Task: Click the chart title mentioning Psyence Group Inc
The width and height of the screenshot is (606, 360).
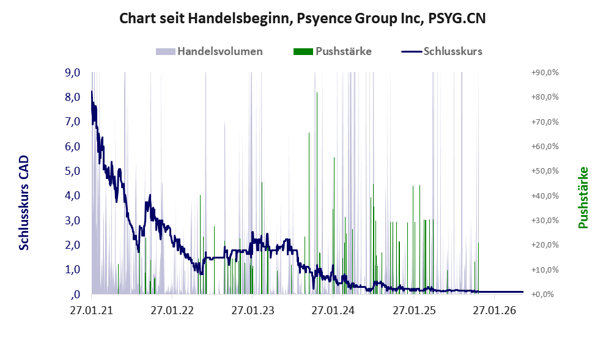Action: [302, 18]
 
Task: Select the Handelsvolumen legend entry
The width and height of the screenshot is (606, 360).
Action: [209, 51]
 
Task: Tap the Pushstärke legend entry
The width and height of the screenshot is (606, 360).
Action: [333, 51]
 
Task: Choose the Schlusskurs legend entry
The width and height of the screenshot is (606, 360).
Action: [442, 51]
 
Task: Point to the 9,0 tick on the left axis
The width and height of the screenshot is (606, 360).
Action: [72, 72]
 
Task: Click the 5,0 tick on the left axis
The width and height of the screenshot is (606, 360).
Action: [72, 171]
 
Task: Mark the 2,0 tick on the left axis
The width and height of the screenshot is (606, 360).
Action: [72, 245]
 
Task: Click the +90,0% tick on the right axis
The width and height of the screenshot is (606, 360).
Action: [545, 73]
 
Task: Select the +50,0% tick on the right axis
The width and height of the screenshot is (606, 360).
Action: [545, 171]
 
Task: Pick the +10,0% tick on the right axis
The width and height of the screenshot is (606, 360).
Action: [545, 270]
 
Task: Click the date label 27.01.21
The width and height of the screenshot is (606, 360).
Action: [92, 310]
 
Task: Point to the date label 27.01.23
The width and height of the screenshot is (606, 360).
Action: [253, 310]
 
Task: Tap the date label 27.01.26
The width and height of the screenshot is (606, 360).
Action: [494, 310]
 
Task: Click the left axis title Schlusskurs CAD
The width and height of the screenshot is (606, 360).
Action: [24, 203]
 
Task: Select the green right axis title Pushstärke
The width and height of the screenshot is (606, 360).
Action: [583, 197]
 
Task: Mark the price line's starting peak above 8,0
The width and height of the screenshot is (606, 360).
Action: [92, 92]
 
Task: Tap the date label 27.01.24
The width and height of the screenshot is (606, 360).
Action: [333, 310]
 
